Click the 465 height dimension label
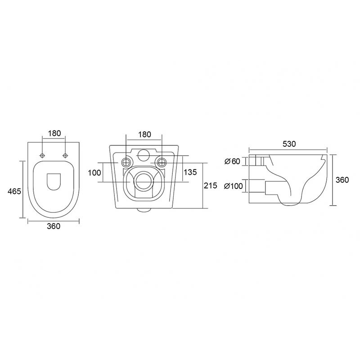(x=14, y=191)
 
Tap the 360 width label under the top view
(x=54, y=226)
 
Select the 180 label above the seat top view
(x=54, y=133)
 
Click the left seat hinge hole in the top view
(x=42, y=156)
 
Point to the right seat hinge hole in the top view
(x=65, y=156)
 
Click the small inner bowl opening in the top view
(x=54, y=182)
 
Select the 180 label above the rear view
(x=144, y=134)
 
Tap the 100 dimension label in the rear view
(x=94, y=173)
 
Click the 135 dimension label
(x=190, y=172)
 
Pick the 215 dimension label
(x=210, y=185)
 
